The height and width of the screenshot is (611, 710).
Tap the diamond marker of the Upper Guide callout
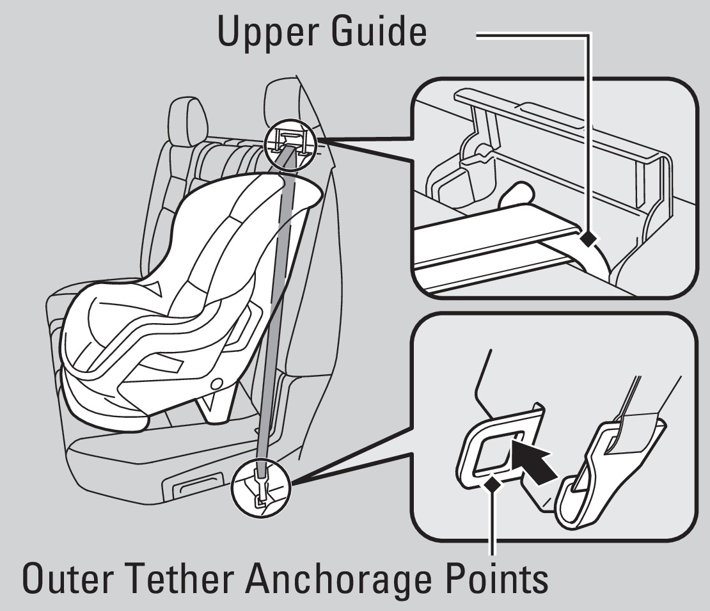[x=588, y=238]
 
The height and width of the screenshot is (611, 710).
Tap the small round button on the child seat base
[x=217, y=383]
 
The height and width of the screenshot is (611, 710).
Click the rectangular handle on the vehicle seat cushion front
[x=198, y=483]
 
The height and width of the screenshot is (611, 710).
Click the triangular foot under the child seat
[x=213, y=406]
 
